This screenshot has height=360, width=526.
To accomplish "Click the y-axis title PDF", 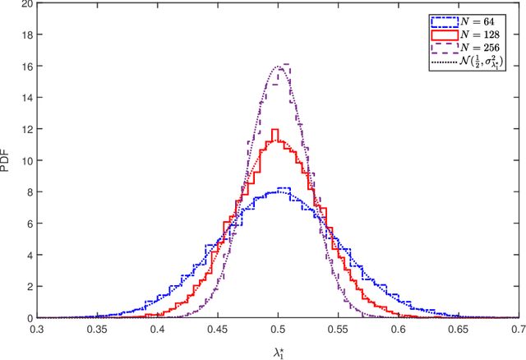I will pos(7,162).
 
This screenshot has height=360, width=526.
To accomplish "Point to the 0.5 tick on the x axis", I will pos(278,328).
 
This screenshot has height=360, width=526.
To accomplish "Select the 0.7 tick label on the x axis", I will pos(518,328).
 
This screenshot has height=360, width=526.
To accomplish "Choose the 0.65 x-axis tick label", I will pos(459,328).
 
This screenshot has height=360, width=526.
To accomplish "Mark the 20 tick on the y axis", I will pos(29,3).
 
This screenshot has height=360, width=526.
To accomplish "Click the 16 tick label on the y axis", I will pos(29,66).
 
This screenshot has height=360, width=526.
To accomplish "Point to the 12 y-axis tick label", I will pos(29,129).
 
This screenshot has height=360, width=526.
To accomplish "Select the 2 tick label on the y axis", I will pos(31,286).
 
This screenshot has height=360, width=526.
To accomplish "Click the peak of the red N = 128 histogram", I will pos(275,130).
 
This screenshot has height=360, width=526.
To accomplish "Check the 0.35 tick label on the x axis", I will pos(98,328).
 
